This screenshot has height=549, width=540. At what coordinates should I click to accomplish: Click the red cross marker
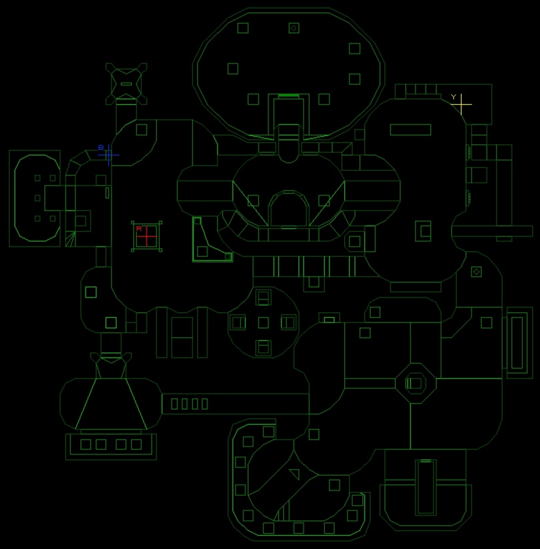tap(147, 236)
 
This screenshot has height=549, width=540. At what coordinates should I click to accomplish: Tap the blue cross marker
tap(109, 155)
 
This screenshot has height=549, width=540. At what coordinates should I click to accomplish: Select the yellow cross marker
tap(461, 104)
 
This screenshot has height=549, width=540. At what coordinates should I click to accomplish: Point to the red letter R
tap(139, 229)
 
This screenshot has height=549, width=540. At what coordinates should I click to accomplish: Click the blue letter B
tap(101, 148)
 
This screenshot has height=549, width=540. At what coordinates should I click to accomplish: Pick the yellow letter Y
tap(454, 97)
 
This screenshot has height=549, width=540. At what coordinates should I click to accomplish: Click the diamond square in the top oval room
tap(294, 28)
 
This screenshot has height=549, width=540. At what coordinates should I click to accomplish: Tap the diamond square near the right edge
tap(476, 272)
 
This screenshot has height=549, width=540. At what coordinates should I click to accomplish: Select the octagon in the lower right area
tap(415, 383)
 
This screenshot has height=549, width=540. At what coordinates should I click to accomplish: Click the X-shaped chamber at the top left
tap(126, 84)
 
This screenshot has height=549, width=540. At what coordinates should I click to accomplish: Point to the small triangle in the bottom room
tap(295, 474)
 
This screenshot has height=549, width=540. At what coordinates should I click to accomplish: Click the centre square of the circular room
tap(263, 323)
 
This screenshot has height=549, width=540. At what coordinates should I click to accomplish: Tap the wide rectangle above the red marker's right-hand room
tap(410, 130)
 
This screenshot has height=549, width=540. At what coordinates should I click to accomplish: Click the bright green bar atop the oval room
tap(289, 95)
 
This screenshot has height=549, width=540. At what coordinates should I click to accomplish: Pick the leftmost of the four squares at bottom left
tap(85, 444)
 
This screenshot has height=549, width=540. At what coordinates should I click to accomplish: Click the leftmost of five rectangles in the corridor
tap(174, 404)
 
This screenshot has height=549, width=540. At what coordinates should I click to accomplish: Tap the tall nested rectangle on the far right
tap(517, 342)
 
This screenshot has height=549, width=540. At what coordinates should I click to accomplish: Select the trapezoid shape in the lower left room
tap(111, 404)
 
